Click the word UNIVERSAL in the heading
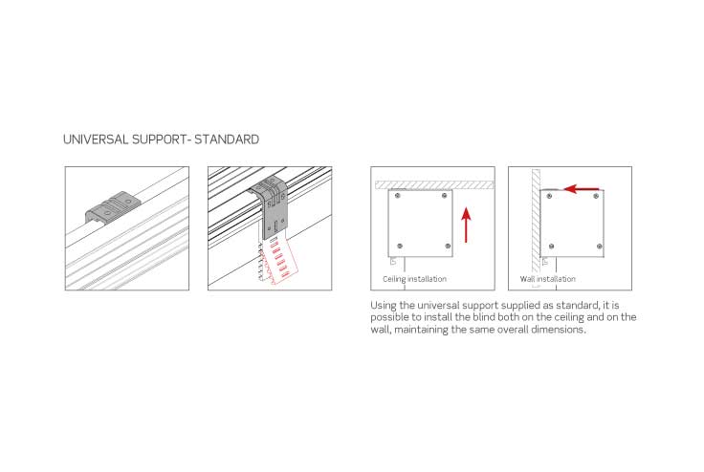pos(96,139)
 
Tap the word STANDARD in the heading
pos(227,139)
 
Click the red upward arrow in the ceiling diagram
pos(467,225)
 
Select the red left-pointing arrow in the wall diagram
pos(582,189)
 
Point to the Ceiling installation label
pos(414,279)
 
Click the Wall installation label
pos(548,279)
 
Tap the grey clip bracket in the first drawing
pos(113,207)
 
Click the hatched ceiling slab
pos(434,184)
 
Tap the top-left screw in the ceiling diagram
pos(397,196)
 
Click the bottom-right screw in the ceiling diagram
pos(448,246)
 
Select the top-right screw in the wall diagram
pos(596,196)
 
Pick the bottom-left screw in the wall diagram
pos(551,247)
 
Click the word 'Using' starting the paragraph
pos(384,306)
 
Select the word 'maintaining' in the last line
pos(421,330)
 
